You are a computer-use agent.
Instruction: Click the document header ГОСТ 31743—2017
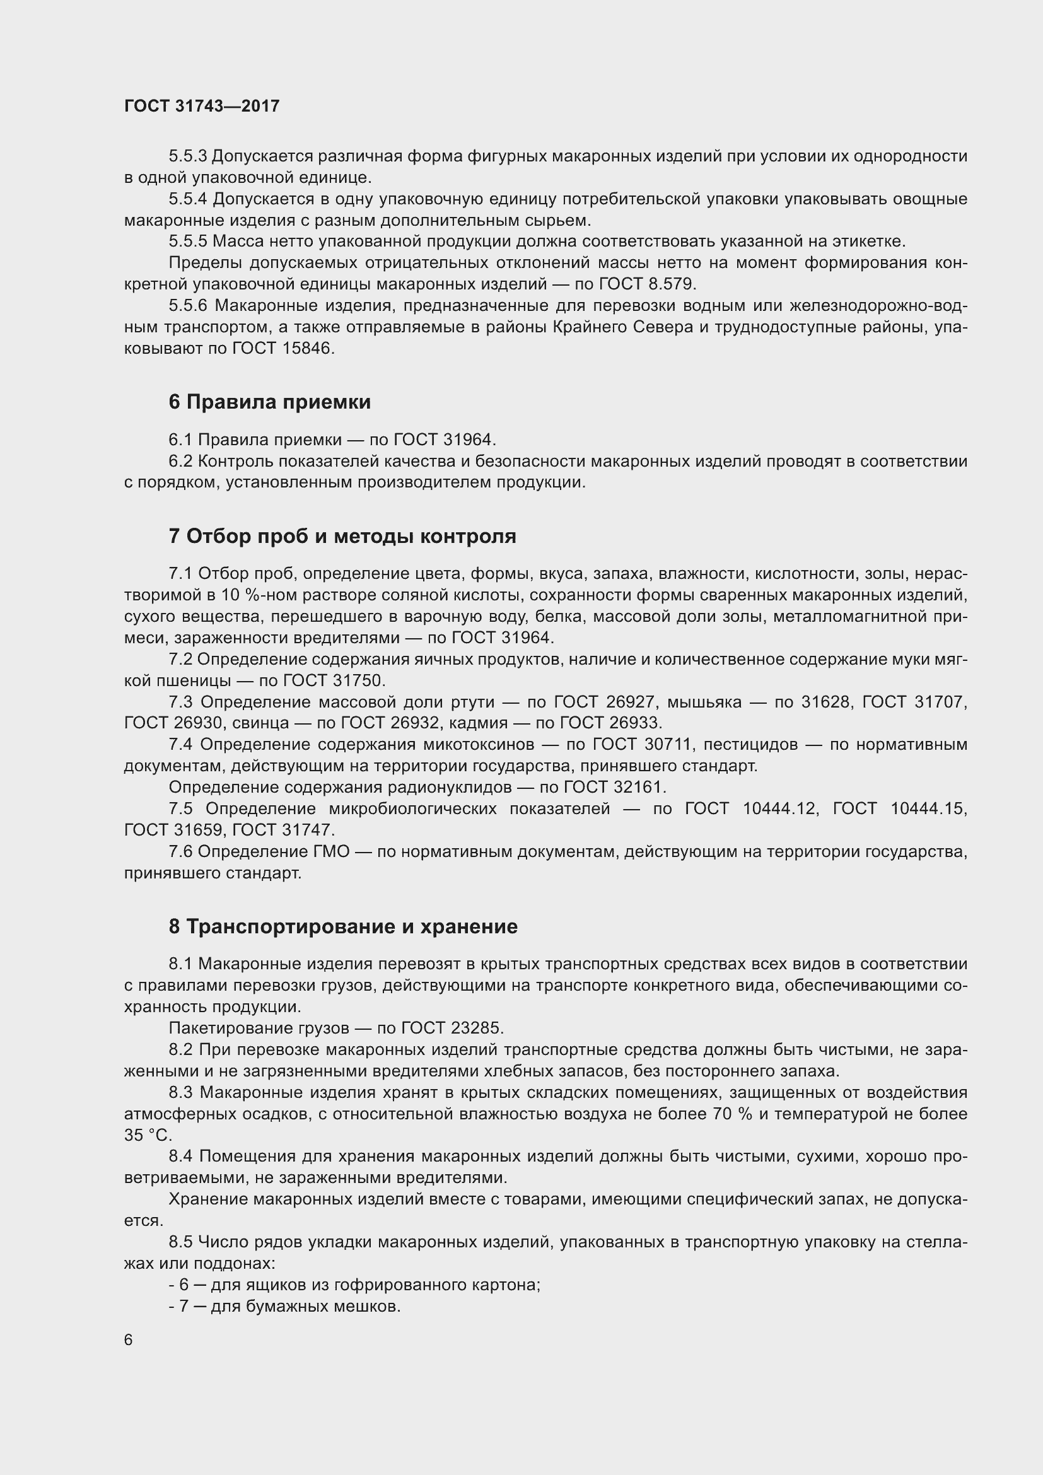coord(202,106)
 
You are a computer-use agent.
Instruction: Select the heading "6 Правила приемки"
coord(270,402)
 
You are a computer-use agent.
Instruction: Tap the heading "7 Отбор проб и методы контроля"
coord(342,537)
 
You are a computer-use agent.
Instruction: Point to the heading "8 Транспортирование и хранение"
coord(343,927)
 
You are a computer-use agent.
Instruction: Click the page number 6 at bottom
coord(129,1340)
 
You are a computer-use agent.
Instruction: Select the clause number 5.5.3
coord(187,156)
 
